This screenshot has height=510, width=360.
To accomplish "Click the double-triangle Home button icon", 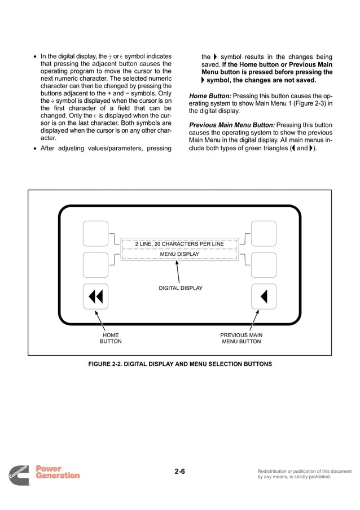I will pyautogui.click(x=95, y=297).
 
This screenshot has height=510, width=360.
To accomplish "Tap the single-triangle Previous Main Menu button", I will pyautogui.click(x=264, y=297).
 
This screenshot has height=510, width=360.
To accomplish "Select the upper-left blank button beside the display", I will pyautogui.click(x=95, y=233).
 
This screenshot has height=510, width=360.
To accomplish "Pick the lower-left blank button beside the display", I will pyautogui.click(x=95, y=264).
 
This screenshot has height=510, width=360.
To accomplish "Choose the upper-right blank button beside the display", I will pyautogui.click(x=264, y=233).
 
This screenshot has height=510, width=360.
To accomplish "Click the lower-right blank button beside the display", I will pyautogui.click(x=264, y=264).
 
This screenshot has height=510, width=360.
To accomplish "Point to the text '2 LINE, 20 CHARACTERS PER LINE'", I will pyautogui.click(x=179, y=243).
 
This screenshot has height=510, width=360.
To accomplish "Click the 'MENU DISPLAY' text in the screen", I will pyautogui.click(x=179, y=254).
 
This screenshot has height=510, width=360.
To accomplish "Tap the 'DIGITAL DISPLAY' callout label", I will pyautogui.click(x=181, y=288).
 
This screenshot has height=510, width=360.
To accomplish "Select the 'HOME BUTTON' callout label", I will pyautogui.click(x=111, y=338).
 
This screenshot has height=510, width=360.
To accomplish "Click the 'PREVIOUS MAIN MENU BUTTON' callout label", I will pyautogui.click(x=241, y=338).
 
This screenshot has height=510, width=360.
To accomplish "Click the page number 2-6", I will pyautogui.click(x=180, y=472).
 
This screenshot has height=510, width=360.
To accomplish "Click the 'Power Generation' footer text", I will pyautogui.click(x=57, y=472).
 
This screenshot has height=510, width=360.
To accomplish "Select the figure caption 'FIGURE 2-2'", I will pyautogui.click(x=180, y=364).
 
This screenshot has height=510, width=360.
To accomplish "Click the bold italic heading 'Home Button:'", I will pyautogui.click(x=210, y=96).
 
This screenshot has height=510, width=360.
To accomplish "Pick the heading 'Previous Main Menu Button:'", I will pyautogui.click(x=231, y=124).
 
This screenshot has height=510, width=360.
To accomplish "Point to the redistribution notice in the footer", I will pyautogui.click(x=304, y=474).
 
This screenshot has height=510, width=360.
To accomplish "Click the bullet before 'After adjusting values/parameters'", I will pyautogui.click(x=36, y=150).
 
